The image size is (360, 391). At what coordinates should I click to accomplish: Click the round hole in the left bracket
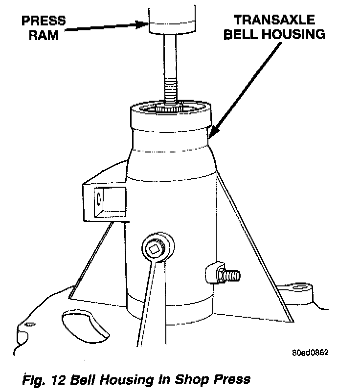point(98,199)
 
